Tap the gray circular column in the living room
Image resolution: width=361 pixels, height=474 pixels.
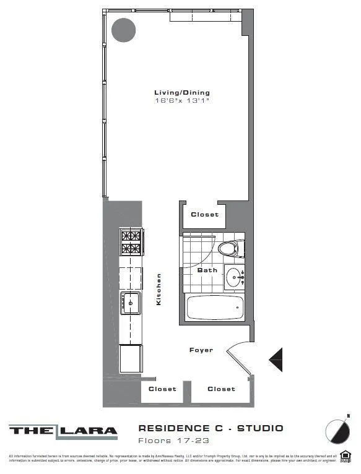click(123, 30)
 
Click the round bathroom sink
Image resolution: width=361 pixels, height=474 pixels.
click(233, 277)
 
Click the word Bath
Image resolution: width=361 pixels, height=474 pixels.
click(207, 270)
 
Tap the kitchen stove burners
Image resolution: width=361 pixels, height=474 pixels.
click(131, 242)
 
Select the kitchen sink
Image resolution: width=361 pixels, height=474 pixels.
click(131, 302)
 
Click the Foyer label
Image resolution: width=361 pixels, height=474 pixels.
click(201, 350)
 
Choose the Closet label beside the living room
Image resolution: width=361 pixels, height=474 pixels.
click(204, 215)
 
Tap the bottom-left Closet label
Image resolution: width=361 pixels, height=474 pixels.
click(162, 389)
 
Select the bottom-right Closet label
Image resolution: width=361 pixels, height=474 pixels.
click(221, 389)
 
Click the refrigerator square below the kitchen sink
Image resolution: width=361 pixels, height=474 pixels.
click(131, 358)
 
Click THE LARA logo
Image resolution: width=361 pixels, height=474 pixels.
click(63, 431)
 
